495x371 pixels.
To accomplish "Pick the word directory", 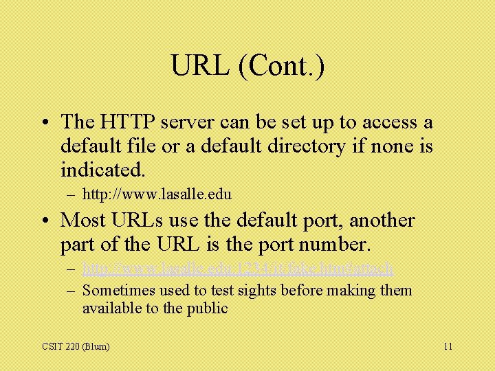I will click(310, 146).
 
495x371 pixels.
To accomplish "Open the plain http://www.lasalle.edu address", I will click(157, 194).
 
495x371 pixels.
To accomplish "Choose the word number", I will click(334, 244).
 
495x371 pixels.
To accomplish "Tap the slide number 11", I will click(448, 346).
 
